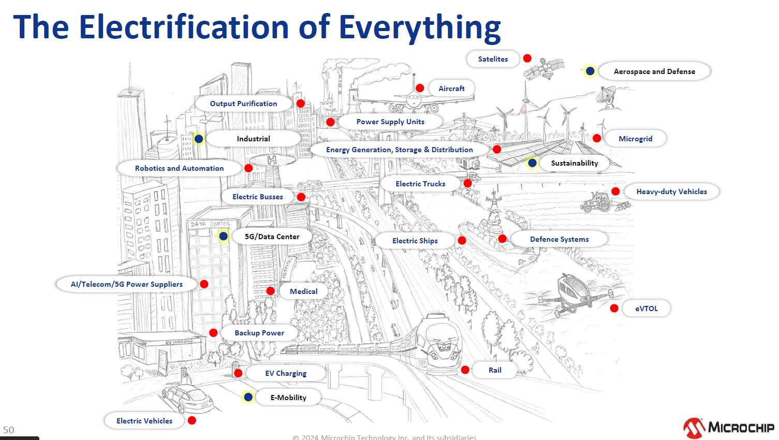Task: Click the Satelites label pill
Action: pyautogui.click(x=493, y=59)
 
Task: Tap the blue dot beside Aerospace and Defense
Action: pyautogui.click(x=590, y=71)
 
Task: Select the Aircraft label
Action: pyautogui.click(x=451, y=89)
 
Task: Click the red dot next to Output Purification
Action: pyautogui.click(x=301, y=104)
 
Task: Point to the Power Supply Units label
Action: pyautogui.click(x=390, y=122)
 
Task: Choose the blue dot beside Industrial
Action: pyautogui.click(x=199, y=139)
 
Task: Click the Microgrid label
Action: pyautogui.click(x=635, y=139)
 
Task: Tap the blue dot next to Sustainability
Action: pyautogui.click(x=532, y=163)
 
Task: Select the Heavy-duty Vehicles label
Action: pyautogui.click(x=671, y=192)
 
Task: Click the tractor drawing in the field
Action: pyautogui.click(x=598, y=202)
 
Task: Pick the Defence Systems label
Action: pyautogui.click(x=559, y=239)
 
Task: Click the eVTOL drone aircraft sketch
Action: pyautogui.click(x=572, y=294)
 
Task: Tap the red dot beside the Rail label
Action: pyautogui.click(x=465, y=370)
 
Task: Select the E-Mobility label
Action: pyautogui.click(x=288, y=398)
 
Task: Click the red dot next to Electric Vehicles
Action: pyautogui.click(x=192, y=420)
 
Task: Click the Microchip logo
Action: pyautogui.click(x=728, y=428)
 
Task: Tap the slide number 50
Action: pyautogui.click(x=9, y=430)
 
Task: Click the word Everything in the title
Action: pyautogui.click(x=419, y=27)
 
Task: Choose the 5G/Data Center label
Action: pyautogui.click(x=272, y=237)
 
